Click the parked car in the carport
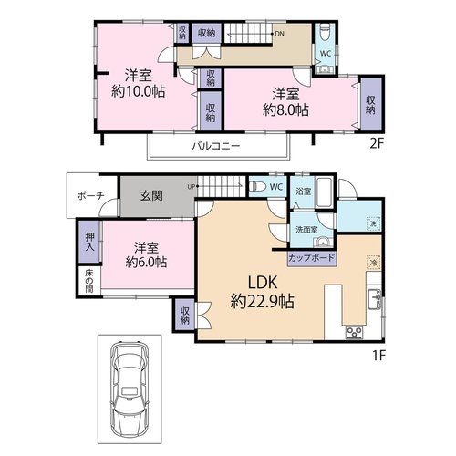tap(130, 389)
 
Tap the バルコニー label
tap(216, 146)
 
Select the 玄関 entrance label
tap(151, 196)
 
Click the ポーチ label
tap(90, 196)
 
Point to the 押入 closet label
tap(89, 242)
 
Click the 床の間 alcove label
tap(88, 281)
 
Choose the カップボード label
tap(311, 258)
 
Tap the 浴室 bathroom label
tap(304, 192)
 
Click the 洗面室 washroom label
tap(306, 230)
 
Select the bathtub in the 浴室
tap(325, 192)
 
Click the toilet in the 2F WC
tap(325, 34)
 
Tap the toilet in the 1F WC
tap(257, 186)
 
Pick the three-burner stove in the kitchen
tap(355, 332)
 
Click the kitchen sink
tap(375, 299)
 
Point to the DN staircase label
tap(279, 34)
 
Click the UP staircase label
tap(192, 187)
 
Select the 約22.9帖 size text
tap(262, 302)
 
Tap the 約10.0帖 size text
tap(139, 90)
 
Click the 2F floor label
tap(377, 143)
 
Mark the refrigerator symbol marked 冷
tap(374, 262)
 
